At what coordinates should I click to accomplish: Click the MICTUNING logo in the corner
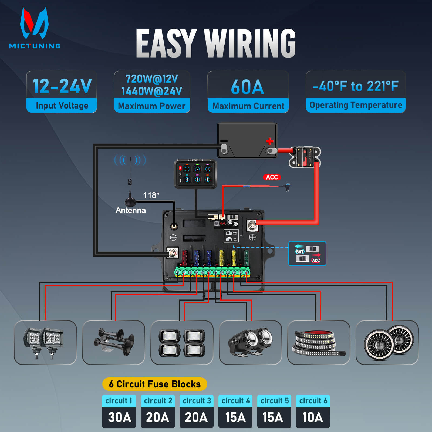click(x=35, y=28)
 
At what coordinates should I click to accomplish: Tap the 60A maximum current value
click(x=248, y=87)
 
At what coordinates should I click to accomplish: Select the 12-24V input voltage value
click(x=62, y=86)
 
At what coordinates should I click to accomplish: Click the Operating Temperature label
click(x=356, y=105)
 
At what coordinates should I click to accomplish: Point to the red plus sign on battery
click(x=269, y=141)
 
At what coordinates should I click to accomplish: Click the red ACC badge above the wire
click(x=272, y=177)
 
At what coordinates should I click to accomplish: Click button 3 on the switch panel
click(x=207, y=169)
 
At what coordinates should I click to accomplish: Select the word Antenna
click(x=131, y=210)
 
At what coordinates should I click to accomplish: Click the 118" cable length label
click(x=151, y=195)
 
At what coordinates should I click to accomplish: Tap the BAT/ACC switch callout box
click(x=307, y=254)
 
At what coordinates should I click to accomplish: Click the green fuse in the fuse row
click(x=246, y=257)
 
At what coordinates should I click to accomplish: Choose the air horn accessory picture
click(x=114, y=342)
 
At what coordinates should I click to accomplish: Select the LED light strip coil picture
click(x=319, y=342)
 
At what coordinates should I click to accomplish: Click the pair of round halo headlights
click(x=387, y=342)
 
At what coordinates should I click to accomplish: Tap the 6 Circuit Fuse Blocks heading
click(x=155, y=384)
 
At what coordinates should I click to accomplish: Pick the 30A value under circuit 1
click(x=119, y=417)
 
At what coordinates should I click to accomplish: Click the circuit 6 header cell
click(x=313, y=401)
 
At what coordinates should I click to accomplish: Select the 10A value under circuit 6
click(x=313, y=417)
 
